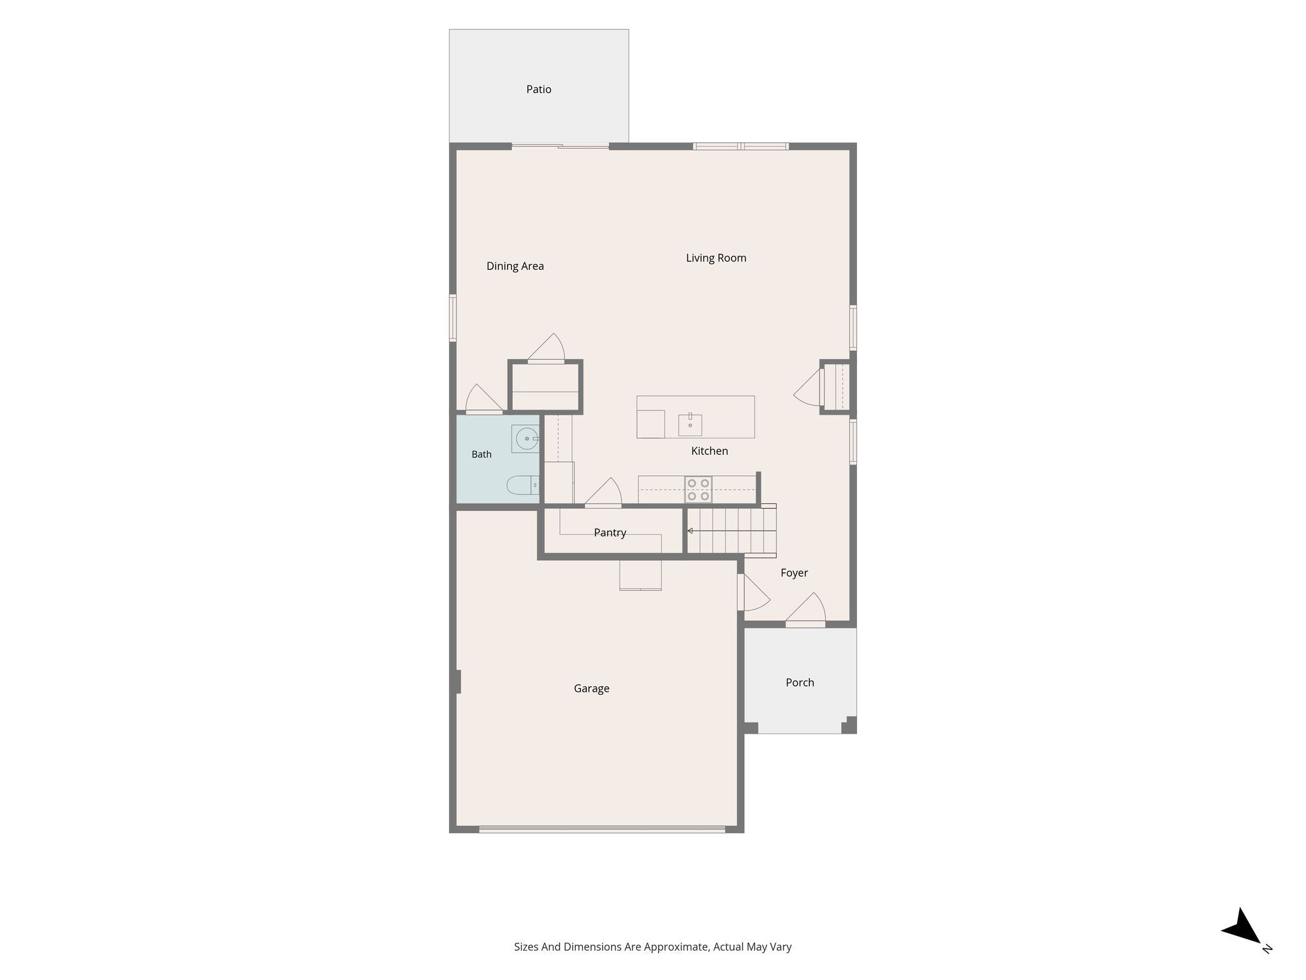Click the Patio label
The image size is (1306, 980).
[x=538, y=89]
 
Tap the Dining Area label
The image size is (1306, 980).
[x=515, y=267]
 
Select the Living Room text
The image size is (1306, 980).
[x=715, y=258]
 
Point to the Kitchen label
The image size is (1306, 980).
[x=709, y=451]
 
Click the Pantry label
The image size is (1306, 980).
[x=610, y=533]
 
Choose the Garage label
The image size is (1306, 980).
[x=591, y=688]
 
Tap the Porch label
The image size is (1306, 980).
[x=800, y=683]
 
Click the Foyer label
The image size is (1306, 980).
[x=794, y=573]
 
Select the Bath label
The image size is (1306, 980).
[x=481, y=454]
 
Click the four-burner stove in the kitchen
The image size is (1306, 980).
[x=698, y=489]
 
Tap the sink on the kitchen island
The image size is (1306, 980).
[x=690, y=424]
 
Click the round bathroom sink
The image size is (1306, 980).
[x=526, y=439]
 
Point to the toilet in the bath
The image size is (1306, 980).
[x=523, y=486]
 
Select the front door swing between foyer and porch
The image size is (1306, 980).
[x=806, y=609]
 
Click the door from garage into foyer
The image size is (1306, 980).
[x=753, y=593]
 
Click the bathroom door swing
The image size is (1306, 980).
[x=484, y=399]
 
